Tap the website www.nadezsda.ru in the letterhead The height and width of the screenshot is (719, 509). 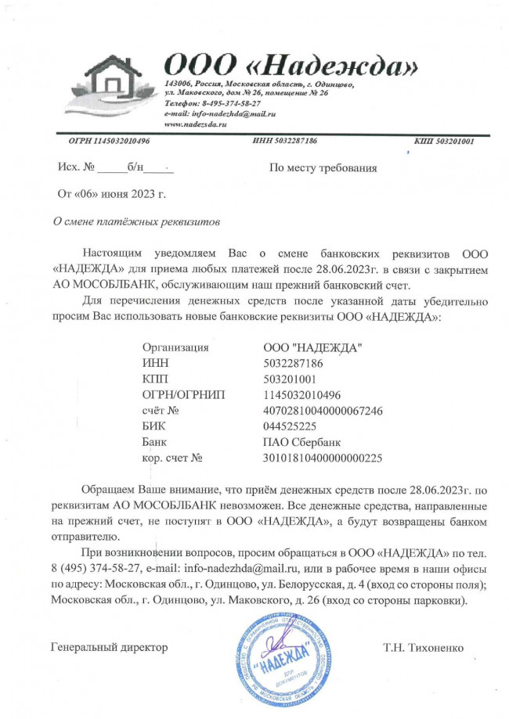tap(195, 124)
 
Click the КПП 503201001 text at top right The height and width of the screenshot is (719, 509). tap(444, 141)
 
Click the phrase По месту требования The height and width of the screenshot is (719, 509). tap(323, 167)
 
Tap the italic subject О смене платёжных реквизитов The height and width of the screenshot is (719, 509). tap(135, 221)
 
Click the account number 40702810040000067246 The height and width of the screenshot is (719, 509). tap(323, 410)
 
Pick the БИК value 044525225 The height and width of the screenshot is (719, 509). tap(291, 426)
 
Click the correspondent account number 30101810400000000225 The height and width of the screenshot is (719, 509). tap(323, 457)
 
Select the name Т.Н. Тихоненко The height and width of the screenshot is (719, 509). tap(424, 648)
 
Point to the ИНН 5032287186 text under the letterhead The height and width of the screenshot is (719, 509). tap(285, 141)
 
